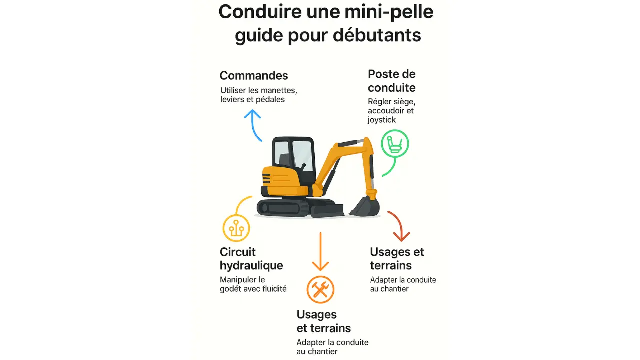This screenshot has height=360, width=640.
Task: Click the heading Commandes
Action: coord(254,76)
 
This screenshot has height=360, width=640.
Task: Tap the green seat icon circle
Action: coord(395,145)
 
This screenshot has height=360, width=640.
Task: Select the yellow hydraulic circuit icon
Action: coord(236,228)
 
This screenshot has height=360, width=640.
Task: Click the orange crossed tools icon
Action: coord(320,289)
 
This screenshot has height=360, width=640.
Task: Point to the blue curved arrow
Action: coord(253,125)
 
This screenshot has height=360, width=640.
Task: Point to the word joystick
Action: coord(382,120)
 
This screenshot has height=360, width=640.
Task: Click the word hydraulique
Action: coord(251,266)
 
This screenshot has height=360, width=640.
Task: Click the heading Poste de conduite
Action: coord(392,81)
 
